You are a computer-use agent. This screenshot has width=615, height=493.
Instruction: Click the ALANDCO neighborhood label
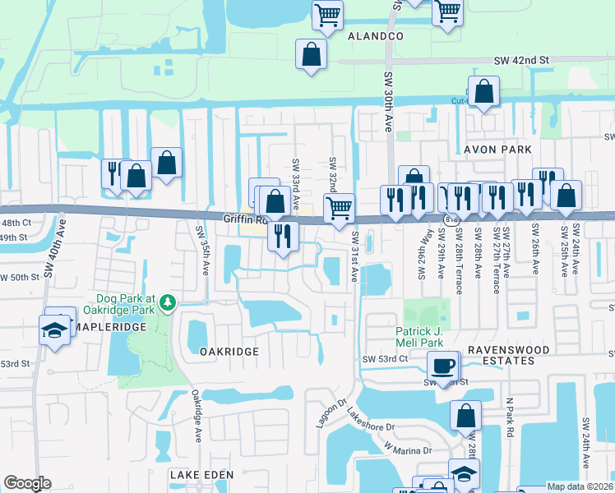(x=376, y=37)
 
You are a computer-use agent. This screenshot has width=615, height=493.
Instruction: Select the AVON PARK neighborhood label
(x=497, y=150)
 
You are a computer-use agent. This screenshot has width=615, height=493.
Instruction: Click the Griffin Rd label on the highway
(x=245, y=219)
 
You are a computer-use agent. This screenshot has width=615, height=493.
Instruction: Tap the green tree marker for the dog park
(x=168, y=303)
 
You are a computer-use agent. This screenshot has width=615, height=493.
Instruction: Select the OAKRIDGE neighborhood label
(x=229, y=351)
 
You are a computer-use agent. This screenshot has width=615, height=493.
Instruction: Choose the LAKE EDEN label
(x=201, y=475)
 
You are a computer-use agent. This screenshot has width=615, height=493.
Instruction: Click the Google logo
(x=27, y=483)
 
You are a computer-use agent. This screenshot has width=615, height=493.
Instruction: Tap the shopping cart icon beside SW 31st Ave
(x=338, y=208)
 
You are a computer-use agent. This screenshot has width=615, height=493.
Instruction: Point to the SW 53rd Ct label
(x=386, y=359)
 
